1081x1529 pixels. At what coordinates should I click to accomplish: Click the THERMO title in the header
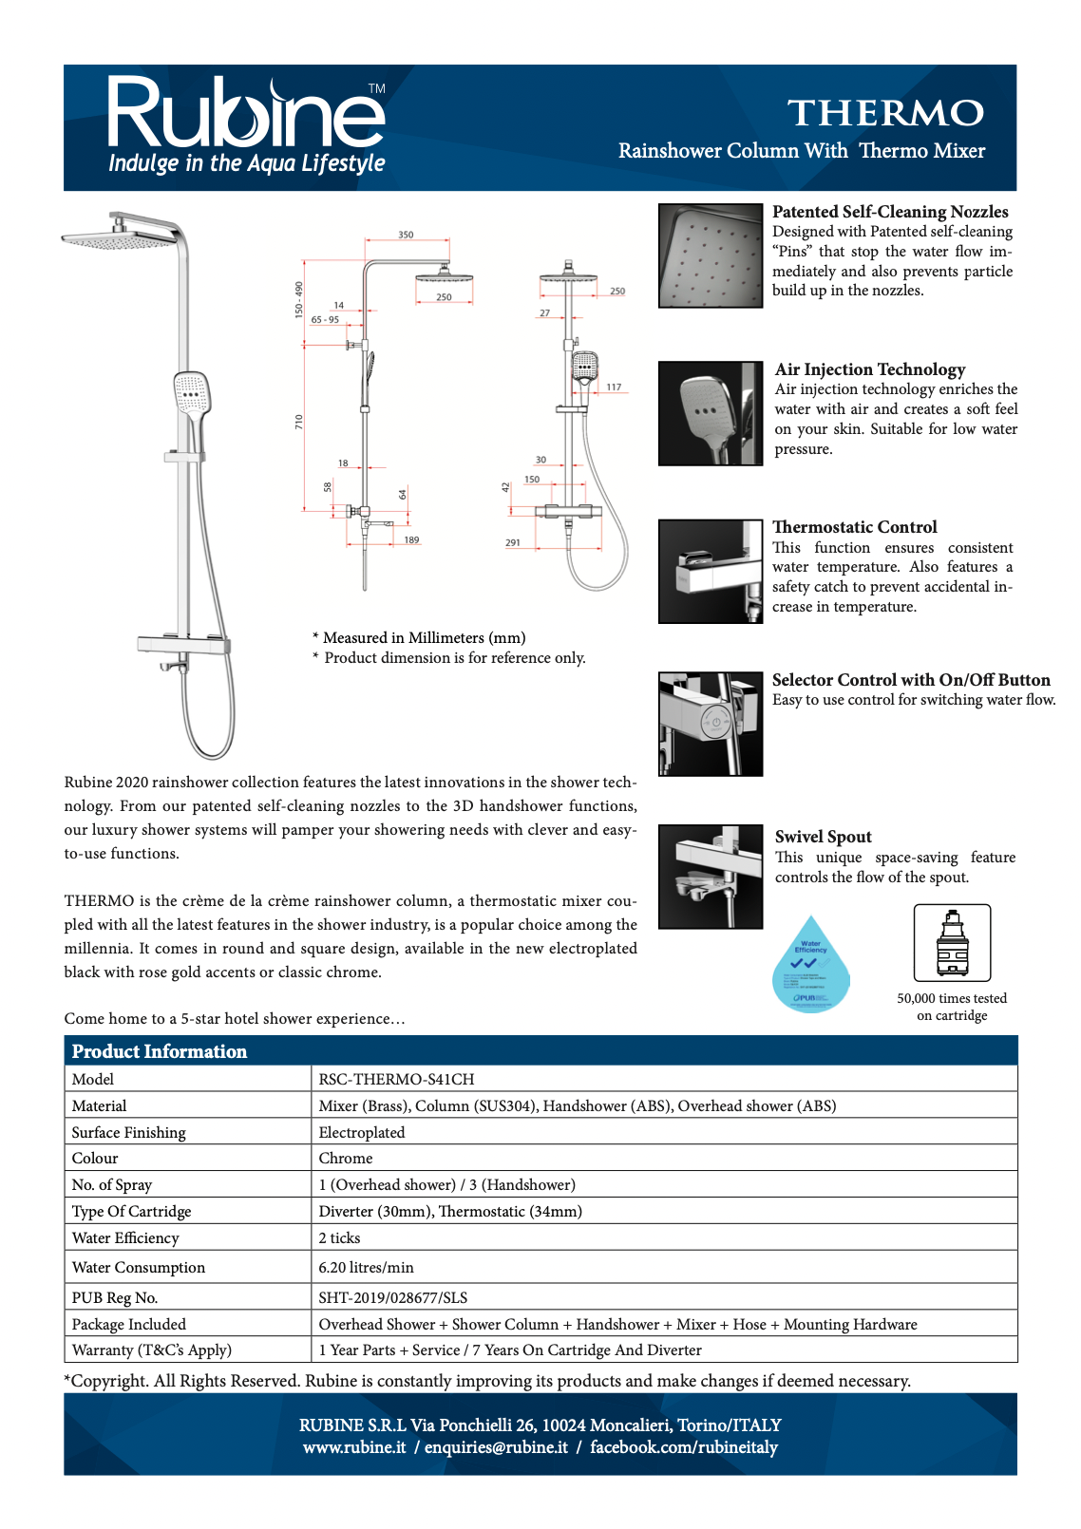(x=885, y=113)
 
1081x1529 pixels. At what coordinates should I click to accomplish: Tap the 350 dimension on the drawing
(x=406, y=235)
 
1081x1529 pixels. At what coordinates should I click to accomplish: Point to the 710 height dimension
(x=298, y=421)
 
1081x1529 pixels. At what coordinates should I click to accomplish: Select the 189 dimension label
(x=411, y=540)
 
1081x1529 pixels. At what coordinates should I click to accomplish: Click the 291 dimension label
(x=513, y=543)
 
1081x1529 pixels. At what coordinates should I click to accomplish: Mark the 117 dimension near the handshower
(x=614, y=387)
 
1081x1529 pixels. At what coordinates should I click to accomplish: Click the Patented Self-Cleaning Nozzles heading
(x=890, y=212)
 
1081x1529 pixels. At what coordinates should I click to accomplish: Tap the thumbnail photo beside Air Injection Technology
(x=711, y=413)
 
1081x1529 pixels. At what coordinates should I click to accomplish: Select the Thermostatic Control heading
(x=854, y=527)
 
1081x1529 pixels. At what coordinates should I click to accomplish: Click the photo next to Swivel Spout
(x=711, y=877)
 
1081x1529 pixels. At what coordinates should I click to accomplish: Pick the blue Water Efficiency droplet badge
(x=811, y=965)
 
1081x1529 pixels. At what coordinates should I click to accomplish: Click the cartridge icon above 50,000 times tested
(x=952, y=943)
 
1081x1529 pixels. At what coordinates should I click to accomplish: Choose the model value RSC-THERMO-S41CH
(x=396, y=1080)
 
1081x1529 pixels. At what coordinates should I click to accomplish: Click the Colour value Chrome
(x=346, y=1159)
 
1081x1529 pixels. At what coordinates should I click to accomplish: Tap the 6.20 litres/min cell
(x=366, y=1268)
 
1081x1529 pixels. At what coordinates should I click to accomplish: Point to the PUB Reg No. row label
(x=115, y=1298)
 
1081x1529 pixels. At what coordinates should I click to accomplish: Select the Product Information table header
(x=160, y=1051)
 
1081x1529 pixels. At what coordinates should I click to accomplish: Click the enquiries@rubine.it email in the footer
(x=496, y=1447)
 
